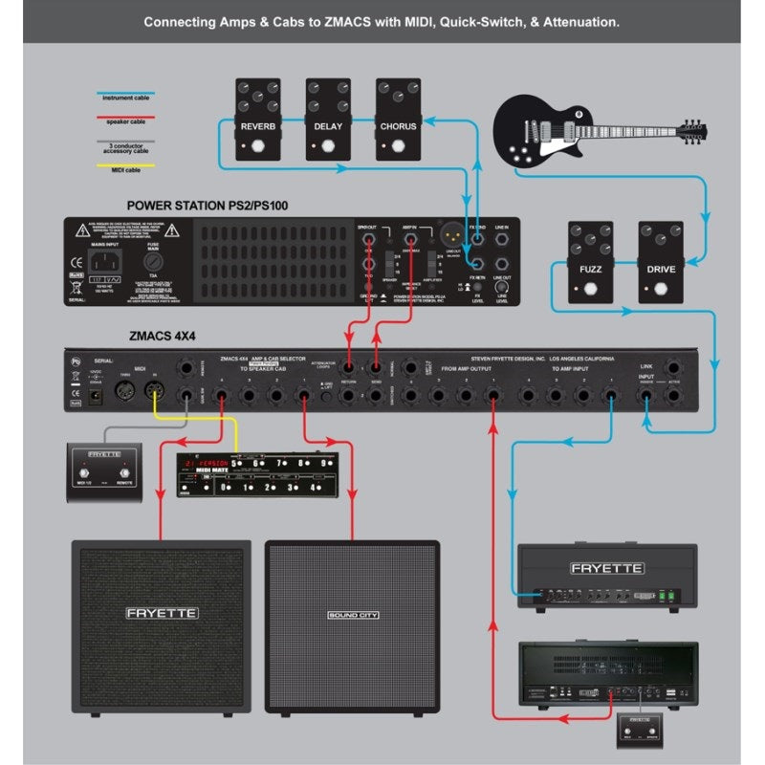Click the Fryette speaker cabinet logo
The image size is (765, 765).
click(x=163, y=612)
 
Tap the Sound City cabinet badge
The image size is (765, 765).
click(x=352, y=615)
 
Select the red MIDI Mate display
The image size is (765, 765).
click(x=205, y=463)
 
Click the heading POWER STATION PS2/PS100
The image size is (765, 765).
click(x=208, y=206)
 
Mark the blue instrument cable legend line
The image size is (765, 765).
click(x=125, y=95)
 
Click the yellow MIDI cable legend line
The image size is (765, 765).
click(x=125, y=164)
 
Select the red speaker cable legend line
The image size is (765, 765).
click(x=125, y=118)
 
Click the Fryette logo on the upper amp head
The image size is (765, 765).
click(x=607, y=568)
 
